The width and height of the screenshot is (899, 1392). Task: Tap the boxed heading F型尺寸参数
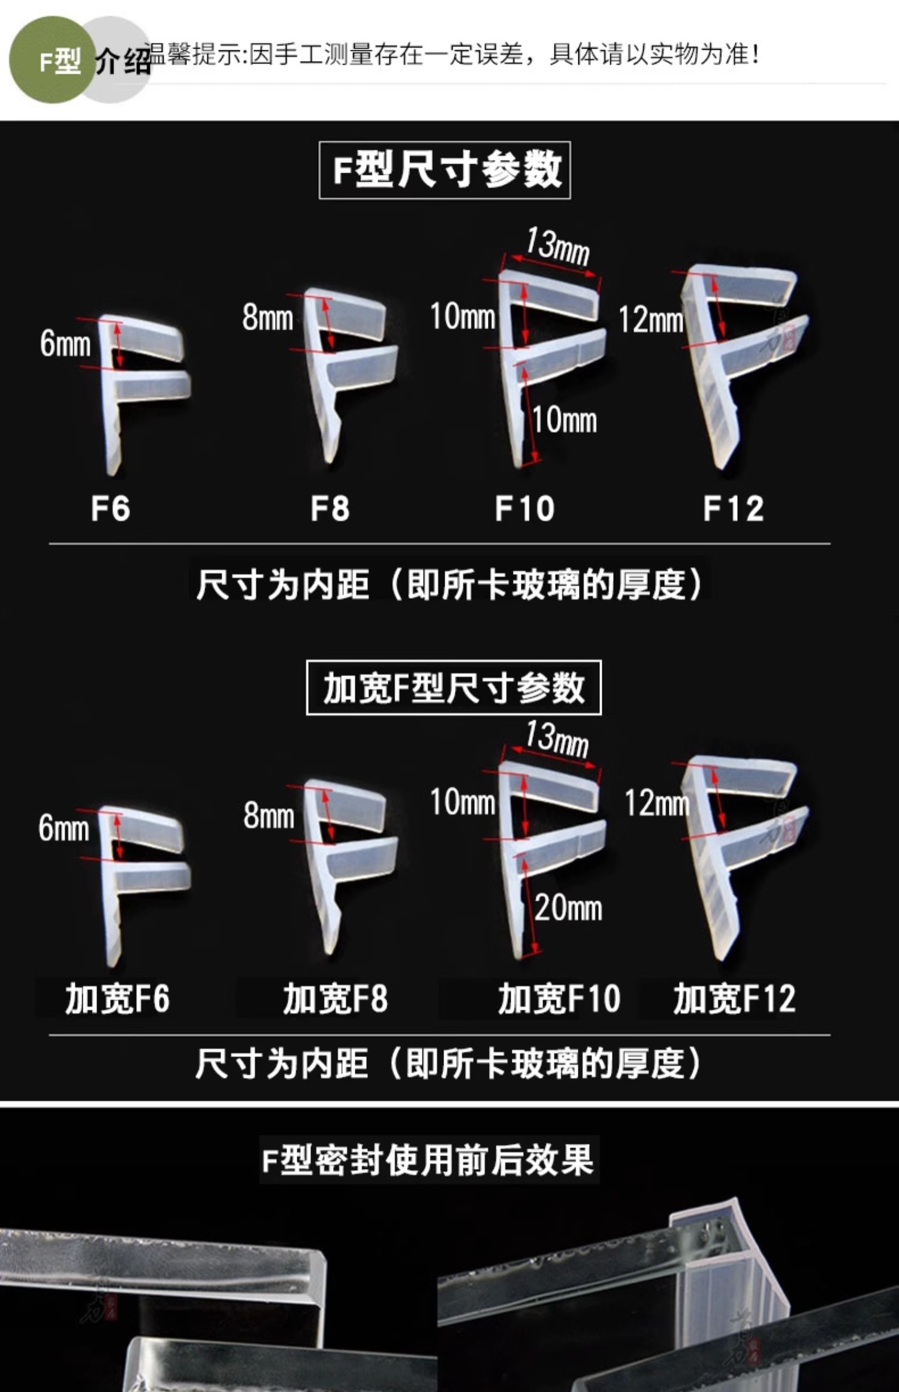pos(445,170)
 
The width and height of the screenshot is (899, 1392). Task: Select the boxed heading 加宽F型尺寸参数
pos(454,688)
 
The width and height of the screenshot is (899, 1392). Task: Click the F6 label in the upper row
pos(110,508)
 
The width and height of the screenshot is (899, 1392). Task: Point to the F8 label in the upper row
pos(330,508)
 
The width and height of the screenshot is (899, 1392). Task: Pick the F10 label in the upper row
pos(524,508)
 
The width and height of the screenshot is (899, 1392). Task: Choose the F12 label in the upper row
pos(733,508)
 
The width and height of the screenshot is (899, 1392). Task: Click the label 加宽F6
pos(117,999)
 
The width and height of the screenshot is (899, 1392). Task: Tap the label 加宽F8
pos(336,999)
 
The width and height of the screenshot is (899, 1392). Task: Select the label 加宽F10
pos(559,999)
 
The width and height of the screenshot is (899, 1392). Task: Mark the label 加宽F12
pos(734,999)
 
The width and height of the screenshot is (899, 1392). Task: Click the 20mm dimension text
pos(568,908)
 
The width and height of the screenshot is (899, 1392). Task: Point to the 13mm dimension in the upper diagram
pos(557,246)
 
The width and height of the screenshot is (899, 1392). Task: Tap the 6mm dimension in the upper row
pos(65,344)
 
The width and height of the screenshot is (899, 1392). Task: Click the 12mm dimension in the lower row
pos(656,803)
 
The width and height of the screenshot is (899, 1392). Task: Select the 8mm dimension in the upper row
pos(267,318)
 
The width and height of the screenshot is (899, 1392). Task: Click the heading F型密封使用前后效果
pos(429,1160)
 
